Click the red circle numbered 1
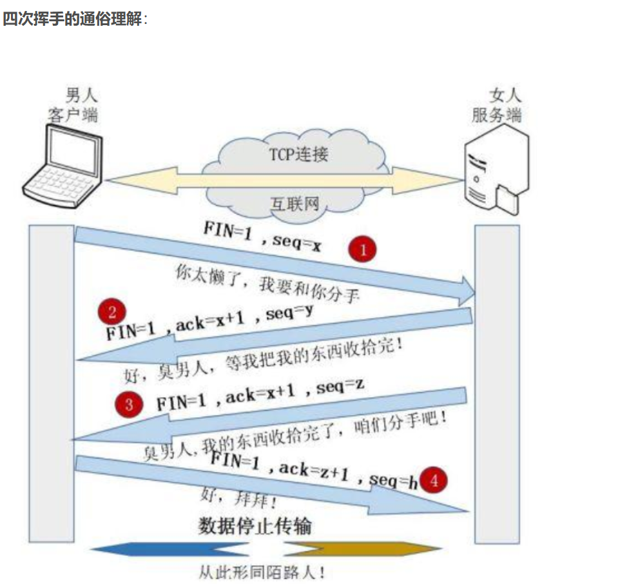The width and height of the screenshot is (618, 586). [363, 249]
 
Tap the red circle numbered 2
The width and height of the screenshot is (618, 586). [112, 313]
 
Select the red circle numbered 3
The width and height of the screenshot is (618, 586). [130, 404]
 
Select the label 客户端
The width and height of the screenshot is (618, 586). [73, 115]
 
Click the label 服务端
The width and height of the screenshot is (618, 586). [496, 115]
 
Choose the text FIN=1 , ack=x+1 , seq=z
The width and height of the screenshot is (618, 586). [261, 395]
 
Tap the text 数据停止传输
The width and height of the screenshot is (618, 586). [255, 526]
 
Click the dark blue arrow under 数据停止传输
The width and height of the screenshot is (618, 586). [161, 549]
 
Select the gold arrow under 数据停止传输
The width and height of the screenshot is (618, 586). [361, 549]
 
